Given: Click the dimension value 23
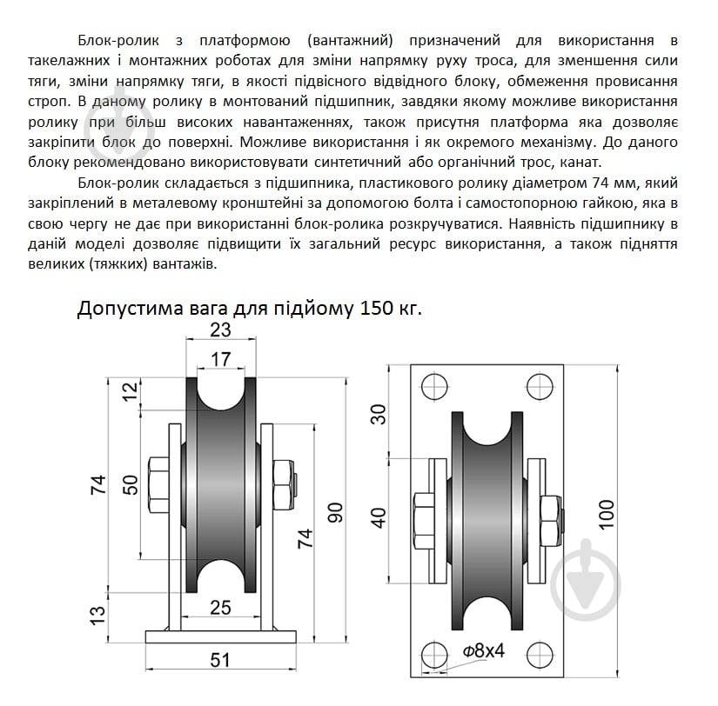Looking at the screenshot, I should (220, 330).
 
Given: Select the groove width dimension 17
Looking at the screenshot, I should (220, 358).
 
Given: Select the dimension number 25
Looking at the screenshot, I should (220, 607).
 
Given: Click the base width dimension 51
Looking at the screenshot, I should (220, 661).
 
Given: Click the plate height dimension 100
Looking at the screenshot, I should (607, 514).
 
